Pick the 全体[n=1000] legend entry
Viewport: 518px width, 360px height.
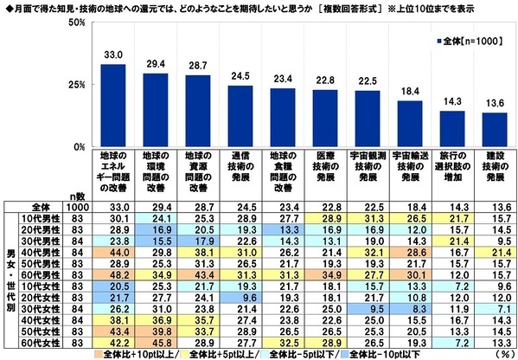[466, 40]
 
